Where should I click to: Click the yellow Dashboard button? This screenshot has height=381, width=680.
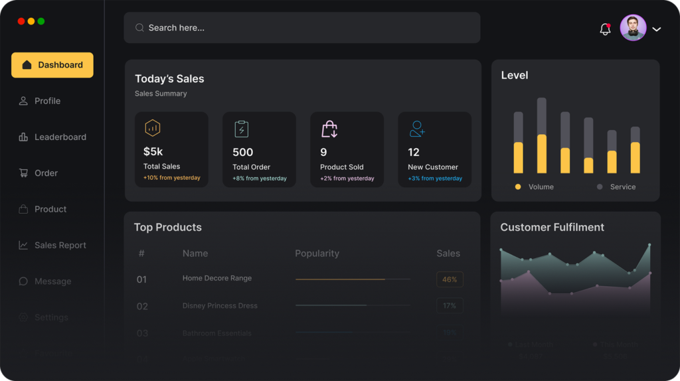(x=52, y=65)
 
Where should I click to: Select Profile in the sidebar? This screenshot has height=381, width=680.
(x=47, y=101)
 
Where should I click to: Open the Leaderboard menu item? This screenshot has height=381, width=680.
(x=60, y=137)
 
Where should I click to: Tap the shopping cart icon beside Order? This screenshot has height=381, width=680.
(x=23, y=173)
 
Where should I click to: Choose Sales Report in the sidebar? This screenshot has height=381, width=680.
(x=60, y=245)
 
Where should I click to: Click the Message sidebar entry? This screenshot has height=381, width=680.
(x=52, y=281)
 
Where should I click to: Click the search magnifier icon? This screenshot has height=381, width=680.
(x=139, y=28)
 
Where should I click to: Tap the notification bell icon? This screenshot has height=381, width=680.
(x=605, y=29)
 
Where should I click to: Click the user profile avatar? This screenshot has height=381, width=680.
(x=633, y=28)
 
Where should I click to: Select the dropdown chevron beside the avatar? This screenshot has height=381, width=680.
(x=657, y=29)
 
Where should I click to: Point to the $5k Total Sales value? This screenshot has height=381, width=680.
(x=153, y=152)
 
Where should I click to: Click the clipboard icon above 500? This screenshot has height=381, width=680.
(x=242, y=129)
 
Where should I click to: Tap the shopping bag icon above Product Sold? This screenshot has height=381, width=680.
(x=329, y=129)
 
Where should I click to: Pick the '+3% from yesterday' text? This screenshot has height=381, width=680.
(x=435, y=179)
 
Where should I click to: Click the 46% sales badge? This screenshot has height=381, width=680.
(x=450, y=279)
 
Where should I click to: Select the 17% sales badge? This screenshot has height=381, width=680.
(x=450, y=306)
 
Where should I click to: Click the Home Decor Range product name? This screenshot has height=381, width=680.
(x=217, y=278)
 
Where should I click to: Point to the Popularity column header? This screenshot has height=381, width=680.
(x=317, y=254)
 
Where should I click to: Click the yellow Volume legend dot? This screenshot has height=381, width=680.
(x=518, y=187)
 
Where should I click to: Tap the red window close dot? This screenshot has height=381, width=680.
(x=21, y=21)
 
